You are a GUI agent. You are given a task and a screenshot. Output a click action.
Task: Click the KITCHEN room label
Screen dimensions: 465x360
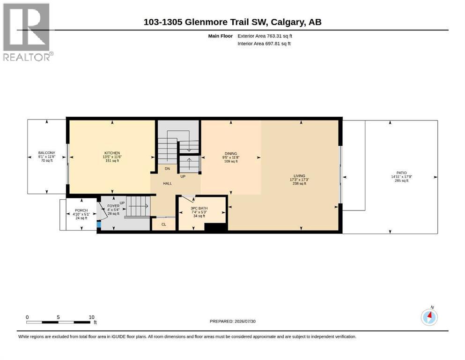[112, 153]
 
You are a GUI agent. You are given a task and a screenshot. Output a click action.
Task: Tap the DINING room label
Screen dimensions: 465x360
[231, 154]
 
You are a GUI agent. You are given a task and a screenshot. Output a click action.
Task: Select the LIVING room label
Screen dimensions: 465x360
[299, 176]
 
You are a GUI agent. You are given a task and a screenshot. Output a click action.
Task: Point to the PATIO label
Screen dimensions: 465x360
[401, 172]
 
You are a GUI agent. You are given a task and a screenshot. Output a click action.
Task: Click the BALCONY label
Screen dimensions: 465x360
[46, 152]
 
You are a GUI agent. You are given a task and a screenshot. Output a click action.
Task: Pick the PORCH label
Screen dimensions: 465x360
[81, 210]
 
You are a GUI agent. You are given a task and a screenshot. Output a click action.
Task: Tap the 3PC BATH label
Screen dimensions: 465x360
[199, 208]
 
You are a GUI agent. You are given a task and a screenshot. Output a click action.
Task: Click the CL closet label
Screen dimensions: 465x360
[164, 225]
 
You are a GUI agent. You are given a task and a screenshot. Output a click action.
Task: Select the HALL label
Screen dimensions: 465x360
[167, 183]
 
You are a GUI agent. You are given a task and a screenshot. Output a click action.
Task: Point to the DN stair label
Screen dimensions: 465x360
[167, 169]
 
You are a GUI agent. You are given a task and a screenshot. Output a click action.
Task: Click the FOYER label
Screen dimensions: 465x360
[113, 206]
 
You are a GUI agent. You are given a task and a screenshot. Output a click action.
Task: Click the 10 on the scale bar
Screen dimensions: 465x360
[92, 317]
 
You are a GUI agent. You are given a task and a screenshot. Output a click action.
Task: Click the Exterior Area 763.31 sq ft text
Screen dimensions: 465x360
[265, 36]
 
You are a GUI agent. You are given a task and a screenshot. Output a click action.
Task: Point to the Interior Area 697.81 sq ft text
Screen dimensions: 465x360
[264, 43]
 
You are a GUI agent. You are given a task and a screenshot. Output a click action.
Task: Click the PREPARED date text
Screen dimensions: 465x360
[232, 321]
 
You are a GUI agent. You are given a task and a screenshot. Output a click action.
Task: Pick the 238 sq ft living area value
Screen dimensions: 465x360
[299, 183]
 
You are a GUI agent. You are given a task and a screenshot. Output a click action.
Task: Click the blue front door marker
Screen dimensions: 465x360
[99, 225]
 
